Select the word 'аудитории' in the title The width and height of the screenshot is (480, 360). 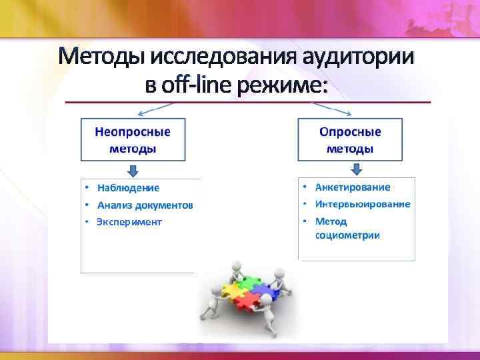click(x=359, y=58)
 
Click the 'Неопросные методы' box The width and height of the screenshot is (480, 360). click(x=133, y=140)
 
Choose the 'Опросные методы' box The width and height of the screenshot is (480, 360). click(x=349, y=140)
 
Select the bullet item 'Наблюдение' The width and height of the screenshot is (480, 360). click(x=128, y=188)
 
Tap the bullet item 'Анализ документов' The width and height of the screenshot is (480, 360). click(x=145, y=205)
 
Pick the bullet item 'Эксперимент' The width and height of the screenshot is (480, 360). click(x=129, y=222)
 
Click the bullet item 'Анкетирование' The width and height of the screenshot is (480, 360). click(x=353, y=188)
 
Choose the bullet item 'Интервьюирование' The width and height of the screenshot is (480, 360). click(x=363, y=205)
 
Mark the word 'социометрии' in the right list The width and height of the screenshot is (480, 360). click(x=347, y=235)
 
